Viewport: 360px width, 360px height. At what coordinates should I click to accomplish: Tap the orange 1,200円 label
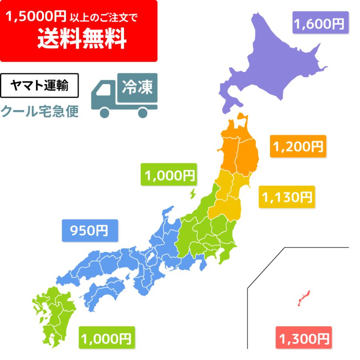[x=298, y=146]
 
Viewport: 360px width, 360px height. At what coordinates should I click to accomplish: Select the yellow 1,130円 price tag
[x=286, y=196]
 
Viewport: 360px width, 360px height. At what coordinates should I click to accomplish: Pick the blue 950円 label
[x=90, y=230]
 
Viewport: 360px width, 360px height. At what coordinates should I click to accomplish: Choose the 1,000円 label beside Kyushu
[x=107, y=338]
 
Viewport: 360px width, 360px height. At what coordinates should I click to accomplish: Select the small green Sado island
[x=192, y=193]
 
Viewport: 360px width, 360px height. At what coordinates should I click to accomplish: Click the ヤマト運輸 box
[x=39, y=86]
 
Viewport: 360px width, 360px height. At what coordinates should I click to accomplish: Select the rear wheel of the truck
[x=143, y=112]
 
